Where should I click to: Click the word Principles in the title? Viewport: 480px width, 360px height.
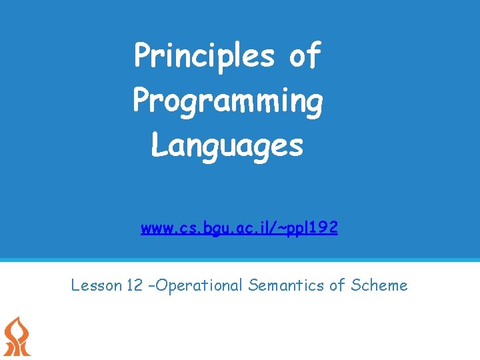point(204,56)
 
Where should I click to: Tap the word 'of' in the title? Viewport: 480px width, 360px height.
point(305,56)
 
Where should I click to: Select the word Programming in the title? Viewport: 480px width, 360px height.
point(228,101)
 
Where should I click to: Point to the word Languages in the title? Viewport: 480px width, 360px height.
point(227,145)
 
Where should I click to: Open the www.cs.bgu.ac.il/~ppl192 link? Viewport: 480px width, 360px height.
point(239,229)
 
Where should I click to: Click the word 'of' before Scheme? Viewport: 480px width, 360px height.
point(337,286)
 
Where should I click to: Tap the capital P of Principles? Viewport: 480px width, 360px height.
point(142,56)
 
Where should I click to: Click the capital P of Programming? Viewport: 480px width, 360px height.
point(141,101)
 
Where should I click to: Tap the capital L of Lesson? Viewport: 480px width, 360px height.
point(75,286)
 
